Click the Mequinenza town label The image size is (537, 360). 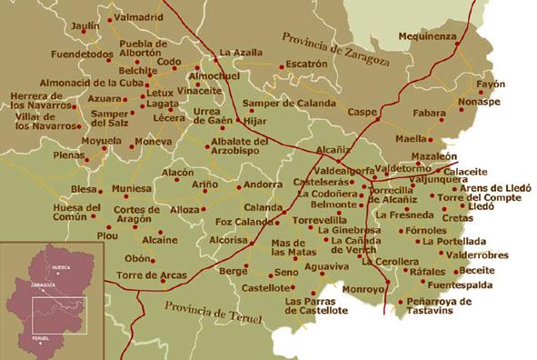[x=428, y=36]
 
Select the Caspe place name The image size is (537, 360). [x=362, y=112]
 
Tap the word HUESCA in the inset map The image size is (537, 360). [x=60, y=268]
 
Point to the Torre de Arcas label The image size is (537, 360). [x=151, y=275]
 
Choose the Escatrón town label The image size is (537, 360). [x=304, y=64]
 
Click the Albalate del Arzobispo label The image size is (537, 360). [x=239, y=147]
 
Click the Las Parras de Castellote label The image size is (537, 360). [x=315, y=305]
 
